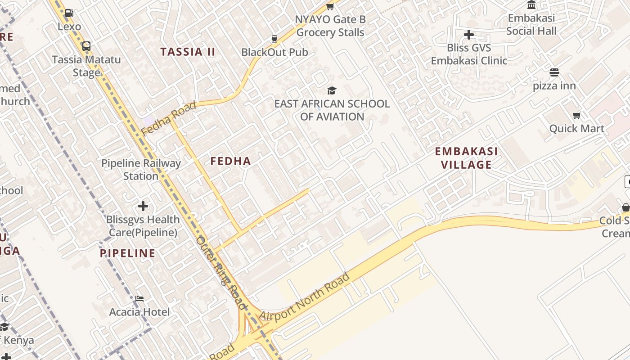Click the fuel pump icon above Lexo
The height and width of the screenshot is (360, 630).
click(x=69, y=13)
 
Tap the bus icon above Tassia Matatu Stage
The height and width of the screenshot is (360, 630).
click(x=86, y=46)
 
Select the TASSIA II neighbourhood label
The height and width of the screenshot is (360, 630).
click(x=188, y=52)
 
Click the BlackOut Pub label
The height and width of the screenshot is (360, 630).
click(x=274, y=52)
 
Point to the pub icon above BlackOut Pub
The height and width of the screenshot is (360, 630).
click(x=274, y=39)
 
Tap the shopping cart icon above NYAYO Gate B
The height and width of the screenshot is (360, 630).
click(x=330, y=7)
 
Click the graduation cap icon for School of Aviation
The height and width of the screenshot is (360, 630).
click(x=332, y=90)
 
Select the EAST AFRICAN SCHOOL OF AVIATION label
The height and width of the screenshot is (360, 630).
click(x=332, y=110)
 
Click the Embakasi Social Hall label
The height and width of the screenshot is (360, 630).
click(x=531, y=25)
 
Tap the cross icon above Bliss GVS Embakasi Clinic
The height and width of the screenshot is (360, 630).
click(x=469, y=35)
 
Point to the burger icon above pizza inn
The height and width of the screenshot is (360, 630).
click(x=554, y=72)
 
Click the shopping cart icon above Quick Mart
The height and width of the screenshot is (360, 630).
click(x=577, y=116)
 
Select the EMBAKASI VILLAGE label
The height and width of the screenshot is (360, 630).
click(x=466, y=158)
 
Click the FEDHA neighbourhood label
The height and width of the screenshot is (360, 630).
click(x=230, y=161)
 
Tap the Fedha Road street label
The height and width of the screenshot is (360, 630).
click(x=169, y=118)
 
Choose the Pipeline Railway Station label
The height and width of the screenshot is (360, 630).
click(x=141, y=170)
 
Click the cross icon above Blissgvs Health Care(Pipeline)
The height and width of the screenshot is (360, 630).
click(x=143, y=207)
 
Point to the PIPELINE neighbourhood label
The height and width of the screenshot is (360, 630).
click(x=128, y=253)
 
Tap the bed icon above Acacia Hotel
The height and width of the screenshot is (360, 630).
click(x=139, y=299)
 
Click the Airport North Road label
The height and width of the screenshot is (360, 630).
click(x=305, y=297)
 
